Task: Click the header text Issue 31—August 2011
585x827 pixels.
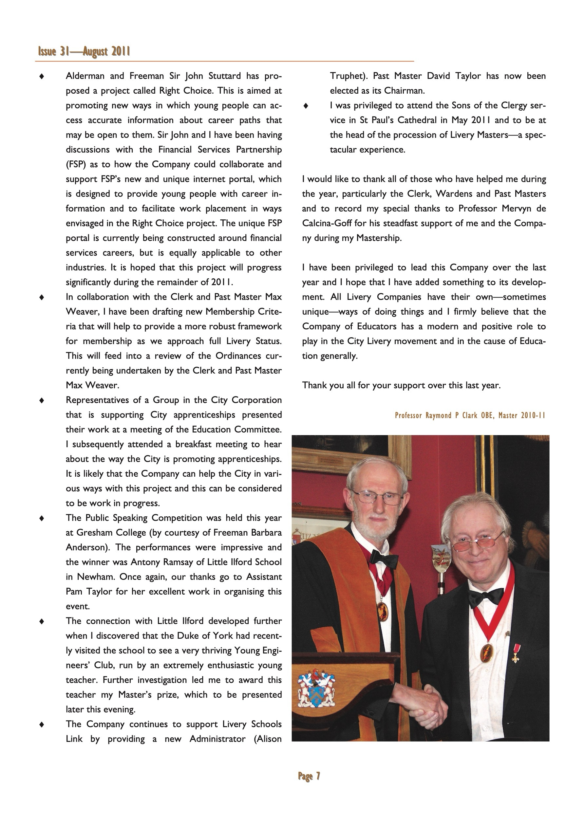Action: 84,51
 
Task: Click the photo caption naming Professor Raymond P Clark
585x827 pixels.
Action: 470,415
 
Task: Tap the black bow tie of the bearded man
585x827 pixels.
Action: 384,558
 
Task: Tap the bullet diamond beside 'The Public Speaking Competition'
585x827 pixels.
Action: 42,518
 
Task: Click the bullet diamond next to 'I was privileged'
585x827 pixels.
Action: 306,106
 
